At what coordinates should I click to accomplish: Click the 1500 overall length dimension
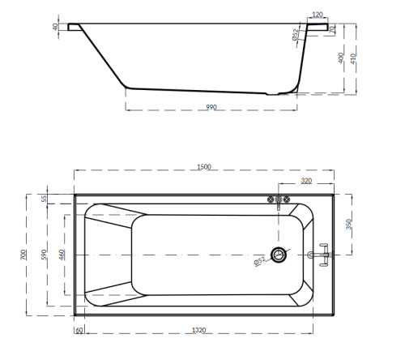click(x=204, y=167)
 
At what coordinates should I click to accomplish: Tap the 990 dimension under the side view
click(x=211, y=107)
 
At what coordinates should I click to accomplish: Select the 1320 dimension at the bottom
click(x=198, y=330)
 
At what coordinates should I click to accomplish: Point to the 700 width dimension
click(x=23, y=255)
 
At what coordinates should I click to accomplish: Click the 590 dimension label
click(x=44, y=255)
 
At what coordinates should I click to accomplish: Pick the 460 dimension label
click(x=62, y=255)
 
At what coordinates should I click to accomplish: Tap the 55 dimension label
click(x=44, y=199)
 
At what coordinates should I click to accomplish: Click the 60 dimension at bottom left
click(x=79, y=330)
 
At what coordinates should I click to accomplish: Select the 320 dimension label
click(x=306, y=181)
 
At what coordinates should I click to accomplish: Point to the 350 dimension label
click(x=349, y=225)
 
